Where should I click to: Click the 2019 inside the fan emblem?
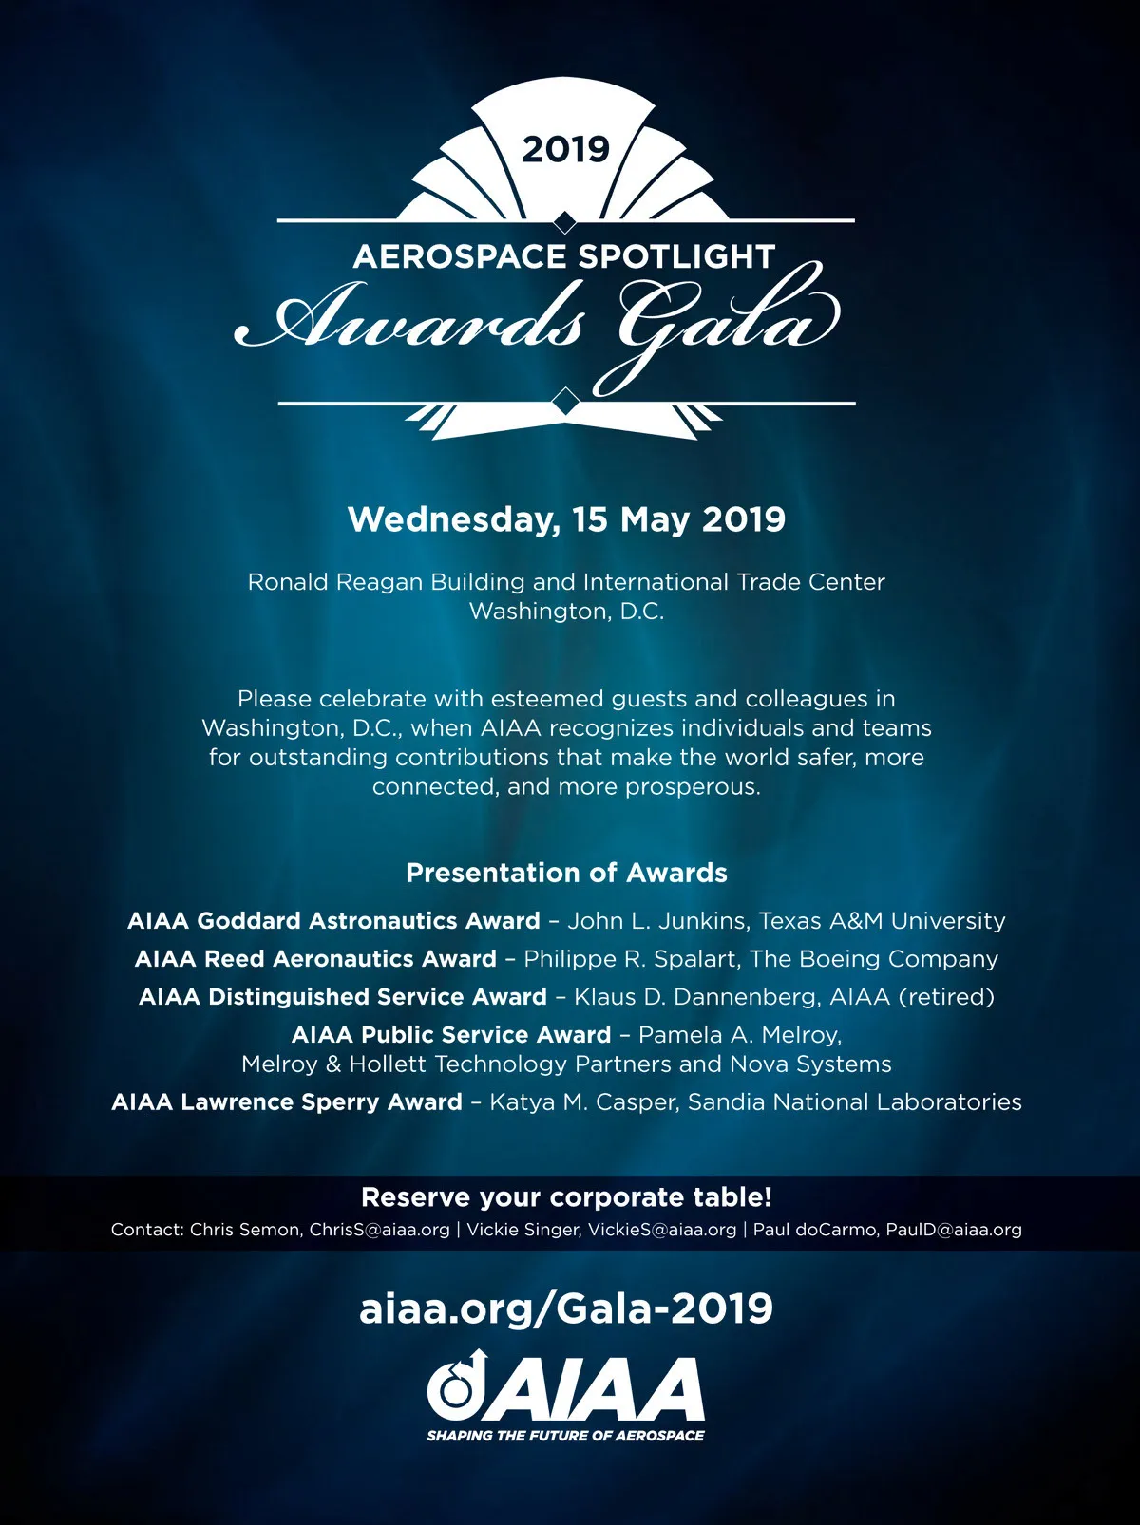click(565, 149)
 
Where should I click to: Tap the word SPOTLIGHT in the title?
click(676, 256)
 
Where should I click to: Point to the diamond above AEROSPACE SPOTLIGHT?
click(565, 223)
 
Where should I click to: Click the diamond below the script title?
click(566, 403)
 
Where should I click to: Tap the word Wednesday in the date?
click(452, 519)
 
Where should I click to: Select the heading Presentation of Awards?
click(566, 873)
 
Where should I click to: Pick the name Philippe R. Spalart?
click(630, 959)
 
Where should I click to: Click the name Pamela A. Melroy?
click(739, 1035)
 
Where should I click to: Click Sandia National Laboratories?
click(855, 1102)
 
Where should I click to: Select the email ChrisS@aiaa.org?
click(380, 1230)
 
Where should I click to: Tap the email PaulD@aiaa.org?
click(954, 1230)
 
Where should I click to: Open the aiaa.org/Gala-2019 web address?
click(566, 1308)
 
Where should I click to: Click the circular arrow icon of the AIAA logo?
click(459, 1390)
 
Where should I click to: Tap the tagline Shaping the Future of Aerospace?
click(565, 1436)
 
